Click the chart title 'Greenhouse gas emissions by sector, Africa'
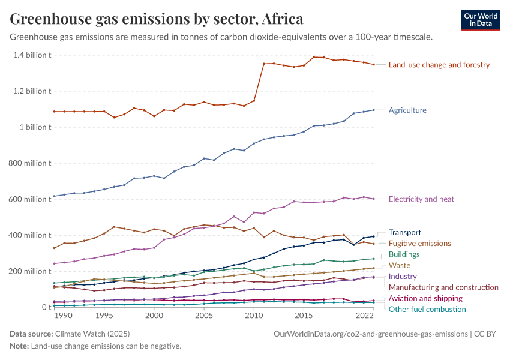[x=157, y=19]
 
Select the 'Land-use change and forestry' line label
[x=439, y=65]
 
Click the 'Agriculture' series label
[x=407, y=110]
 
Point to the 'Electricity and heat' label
[x=421, y=199]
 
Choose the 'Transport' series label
[x=405, y=232]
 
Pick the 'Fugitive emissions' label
[x=419, y=244]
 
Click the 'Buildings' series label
[x=404, y=254]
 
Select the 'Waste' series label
[x=400, y=265]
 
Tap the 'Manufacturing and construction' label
[x=443, y=287]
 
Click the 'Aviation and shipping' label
[x=425, y=298]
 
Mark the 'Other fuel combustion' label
[x=427, y=309]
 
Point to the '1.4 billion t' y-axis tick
[x=31, y=55]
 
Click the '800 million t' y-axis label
[x=29, y=163]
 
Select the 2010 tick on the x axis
[x=254, y=316]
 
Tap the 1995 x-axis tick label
[x=104, y=316]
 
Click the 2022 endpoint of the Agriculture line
[x=373, y=110]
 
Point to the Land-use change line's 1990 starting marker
[x=55, y=112]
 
